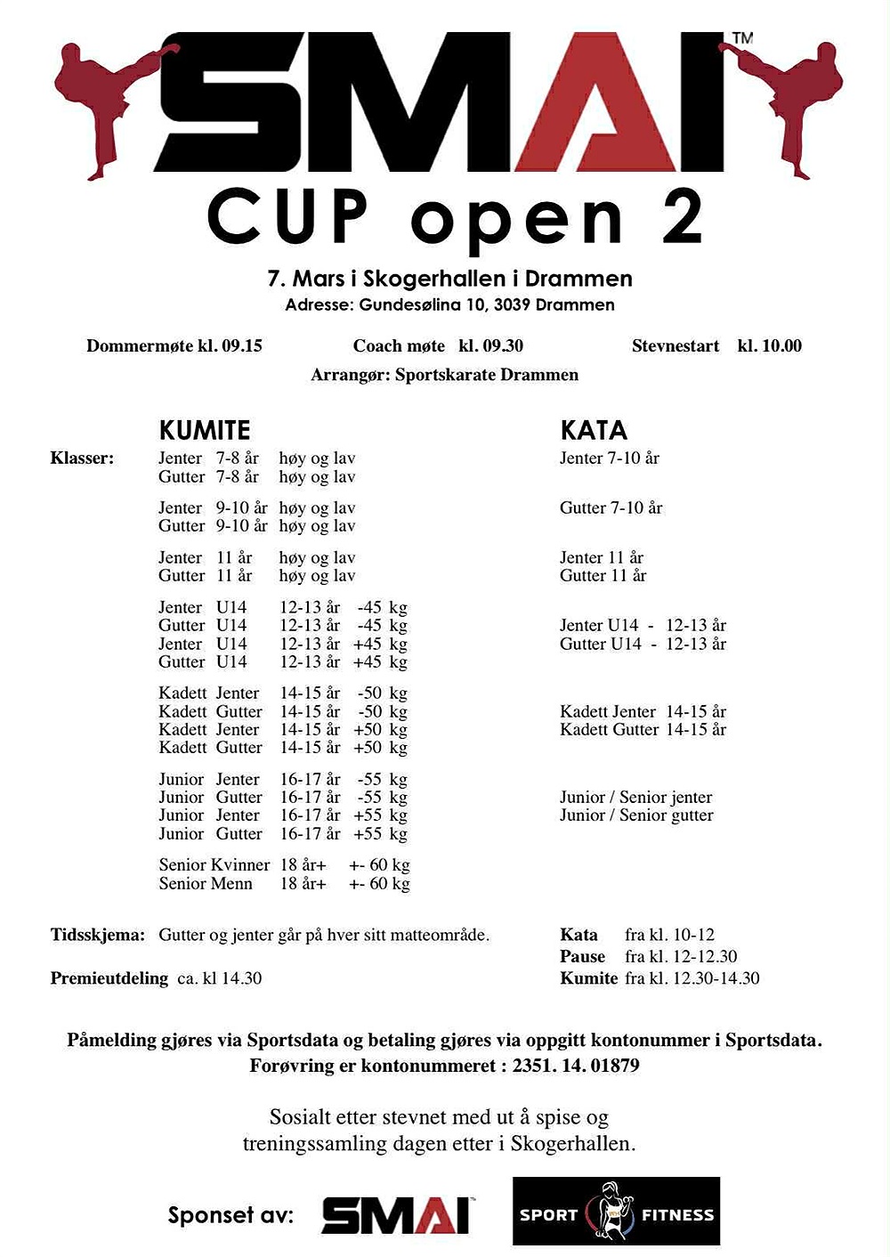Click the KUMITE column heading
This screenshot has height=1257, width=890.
pyautogui.click(x=204, y=431)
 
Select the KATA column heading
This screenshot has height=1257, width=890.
pyautogui.click(x=594, y=431)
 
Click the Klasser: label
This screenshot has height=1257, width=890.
pyautogui.click(x=82, y=458)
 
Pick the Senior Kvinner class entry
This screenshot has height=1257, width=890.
pyautogui.click(x=214, y=865)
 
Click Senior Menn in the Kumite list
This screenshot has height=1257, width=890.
pyautogui.click(x=206, y=884)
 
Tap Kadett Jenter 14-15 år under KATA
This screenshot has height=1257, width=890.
pyautogui.click(x=643, y=711)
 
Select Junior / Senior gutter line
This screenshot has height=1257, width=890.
pyautogui.click(x=636, y=815)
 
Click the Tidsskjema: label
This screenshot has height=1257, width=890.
pyautogui.click(x=97, y=936)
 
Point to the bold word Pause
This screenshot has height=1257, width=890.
pyautogui.click(x=582, y=957)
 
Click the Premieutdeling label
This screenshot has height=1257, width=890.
pyautogui.click(x=109, y=978)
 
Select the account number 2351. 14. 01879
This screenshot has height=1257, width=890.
pyautogui.click(x=576, y=1066)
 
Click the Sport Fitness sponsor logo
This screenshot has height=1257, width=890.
pyautogui.click(x=616, y=1212)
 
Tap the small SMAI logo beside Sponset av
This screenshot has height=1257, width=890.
pyautogui.click(x=396, y=1214)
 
